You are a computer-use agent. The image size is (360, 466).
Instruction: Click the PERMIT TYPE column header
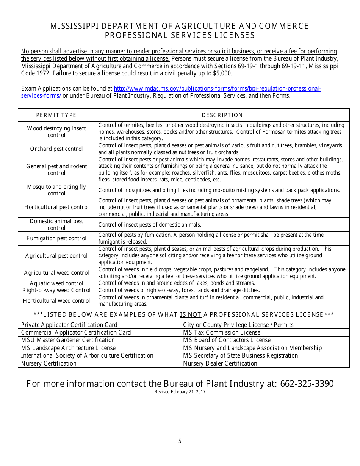[56, 115]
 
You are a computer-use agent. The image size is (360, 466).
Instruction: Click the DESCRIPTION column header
[222, 115]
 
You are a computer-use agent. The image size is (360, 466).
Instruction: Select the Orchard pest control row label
[56, 149]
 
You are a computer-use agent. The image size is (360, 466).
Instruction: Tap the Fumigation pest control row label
[56, 238]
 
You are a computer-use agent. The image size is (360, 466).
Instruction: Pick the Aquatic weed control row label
[56, 283]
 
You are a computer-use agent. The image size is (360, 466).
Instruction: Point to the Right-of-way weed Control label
[56, 290]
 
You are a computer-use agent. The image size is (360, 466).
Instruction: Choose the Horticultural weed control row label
[56, 301]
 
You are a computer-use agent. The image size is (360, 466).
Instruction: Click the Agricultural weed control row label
[56, 273]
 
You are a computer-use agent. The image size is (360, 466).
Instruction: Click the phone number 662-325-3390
[307, 384]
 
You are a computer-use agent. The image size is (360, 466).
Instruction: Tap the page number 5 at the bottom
[180, 441]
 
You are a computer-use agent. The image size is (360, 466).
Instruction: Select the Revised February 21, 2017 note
[180, 392]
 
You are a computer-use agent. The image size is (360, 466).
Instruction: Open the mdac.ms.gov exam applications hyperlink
[217, 89]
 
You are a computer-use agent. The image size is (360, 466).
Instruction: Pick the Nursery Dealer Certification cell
[220, 364]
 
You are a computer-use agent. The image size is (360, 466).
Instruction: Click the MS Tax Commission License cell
[222, 333]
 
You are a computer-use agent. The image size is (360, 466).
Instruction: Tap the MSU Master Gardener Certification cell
[68, 340]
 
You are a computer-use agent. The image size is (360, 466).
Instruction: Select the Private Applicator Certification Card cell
[69, 325]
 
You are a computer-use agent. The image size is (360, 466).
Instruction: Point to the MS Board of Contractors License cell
[227, 340]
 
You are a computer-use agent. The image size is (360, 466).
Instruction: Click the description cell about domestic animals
[150, 225]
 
